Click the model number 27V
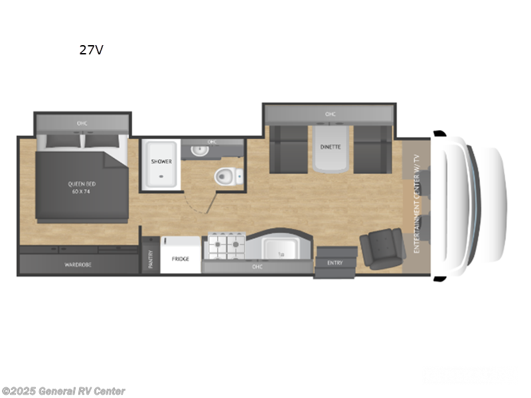click(91, 50)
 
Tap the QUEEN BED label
click(79, 187)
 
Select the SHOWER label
click(161, 161)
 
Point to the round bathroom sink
click(198, 151)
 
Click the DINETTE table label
click(331, 147)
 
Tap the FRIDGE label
click(181, 258)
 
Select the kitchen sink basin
click(279, 249)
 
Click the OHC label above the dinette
click(330, 114)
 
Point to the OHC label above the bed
click(82, 123)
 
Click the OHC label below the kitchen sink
click(258, 267)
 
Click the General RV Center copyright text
click(63, 391)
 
